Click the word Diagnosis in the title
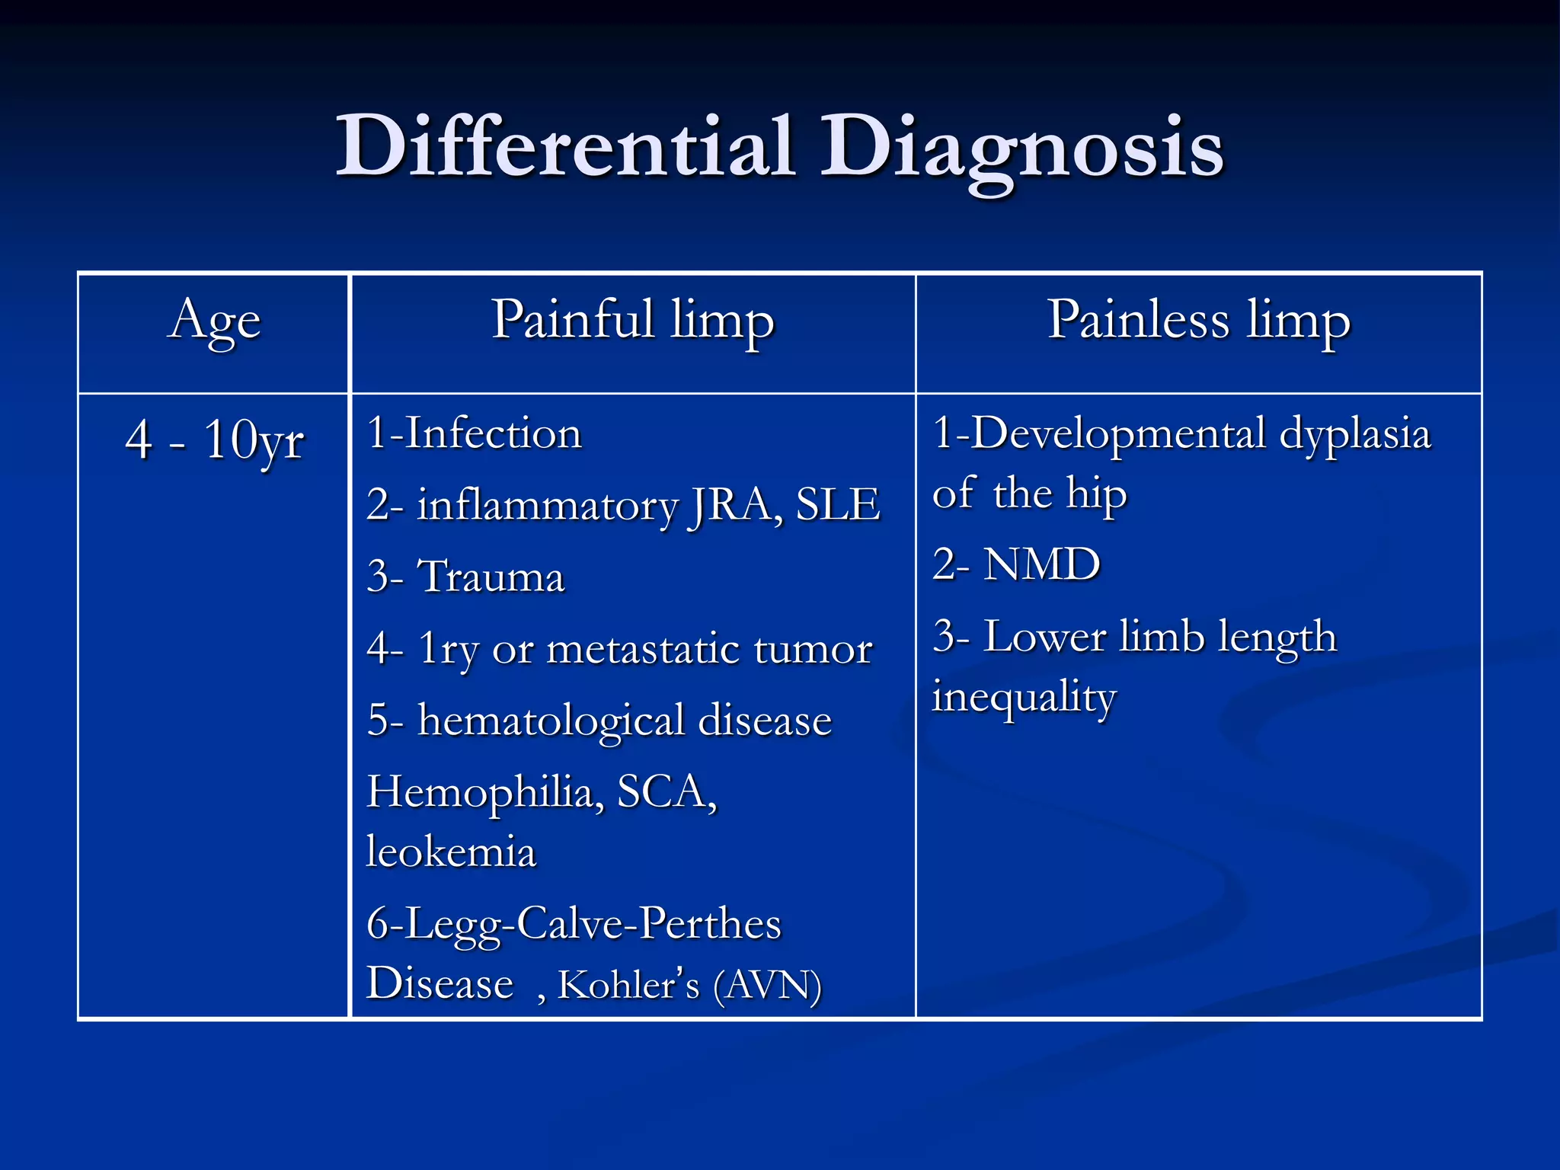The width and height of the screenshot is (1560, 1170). coord(1021,149)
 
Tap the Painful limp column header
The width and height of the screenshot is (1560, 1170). coord(632,320)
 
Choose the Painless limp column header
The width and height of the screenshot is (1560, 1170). coord(1198,320)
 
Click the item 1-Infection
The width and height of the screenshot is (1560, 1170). coord(474,434)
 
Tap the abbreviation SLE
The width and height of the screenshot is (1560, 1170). coord(838,505)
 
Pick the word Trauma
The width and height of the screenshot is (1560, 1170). coord(491,577)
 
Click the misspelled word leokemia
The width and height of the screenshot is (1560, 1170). coord(451,852)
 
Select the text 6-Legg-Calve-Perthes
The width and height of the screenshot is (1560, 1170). coord(574,925)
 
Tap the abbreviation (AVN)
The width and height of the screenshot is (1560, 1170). coord(767,985)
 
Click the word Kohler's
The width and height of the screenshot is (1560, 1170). coord(628,985)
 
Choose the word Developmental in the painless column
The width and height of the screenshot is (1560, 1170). coord(1118,434)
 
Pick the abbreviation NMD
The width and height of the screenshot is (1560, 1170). coord(1041,565)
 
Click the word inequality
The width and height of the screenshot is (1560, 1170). coord(1025,698)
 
